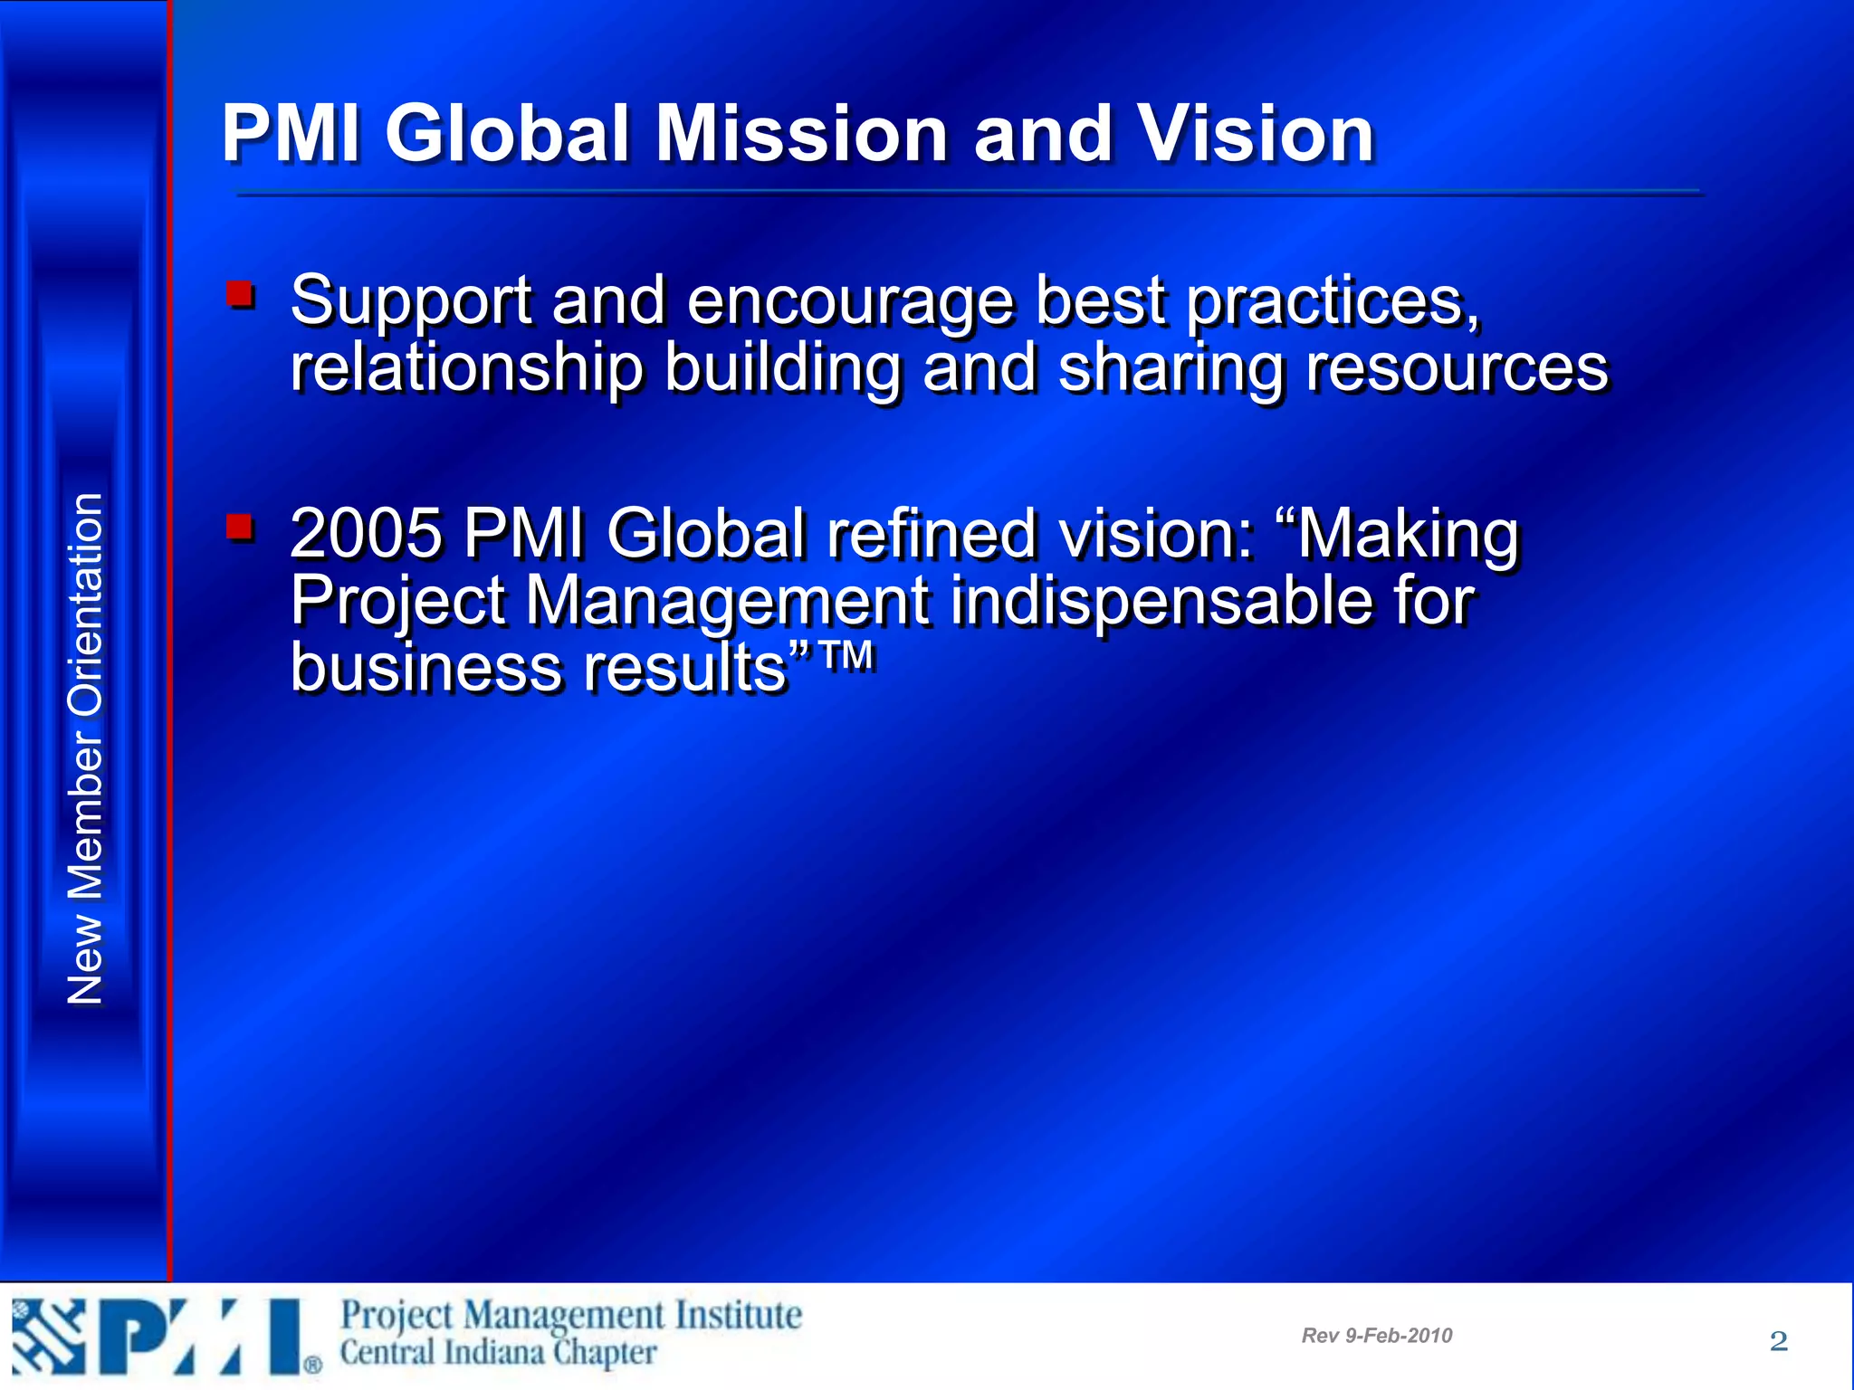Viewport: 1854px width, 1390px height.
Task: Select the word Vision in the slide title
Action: [1256, 134]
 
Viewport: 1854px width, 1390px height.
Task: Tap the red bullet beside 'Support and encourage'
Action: [240, 294]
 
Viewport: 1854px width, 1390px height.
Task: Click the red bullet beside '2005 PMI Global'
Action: [240, 527]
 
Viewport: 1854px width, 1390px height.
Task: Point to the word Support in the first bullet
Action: [411, 301]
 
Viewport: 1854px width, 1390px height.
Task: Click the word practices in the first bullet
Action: [1333, 301]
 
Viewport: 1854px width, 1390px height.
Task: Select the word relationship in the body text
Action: [467, 368]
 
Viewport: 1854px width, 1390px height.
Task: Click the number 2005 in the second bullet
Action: [367, 534]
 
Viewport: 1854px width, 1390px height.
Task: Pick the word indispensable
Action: [1161, 601]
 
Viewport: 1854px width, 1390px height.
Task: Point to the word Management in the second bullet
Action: [727, 601]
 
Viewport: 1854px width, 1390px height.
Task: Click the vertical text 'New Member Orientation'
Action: [85, 749]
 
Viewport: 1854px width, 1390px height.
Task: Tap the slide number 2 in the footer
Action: [1778, 1340]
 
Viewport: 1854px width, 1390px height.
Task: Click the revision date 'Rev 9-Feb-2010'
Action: [1376, 1336]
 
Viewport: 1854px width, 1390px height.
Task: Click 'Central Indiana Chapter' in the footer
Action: [498, 1353]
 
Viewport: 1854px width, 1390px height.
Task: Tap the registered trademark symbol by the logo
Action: [312, 1365]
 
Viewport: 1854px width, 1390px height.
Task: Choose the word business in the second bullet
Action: [425, 668]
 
